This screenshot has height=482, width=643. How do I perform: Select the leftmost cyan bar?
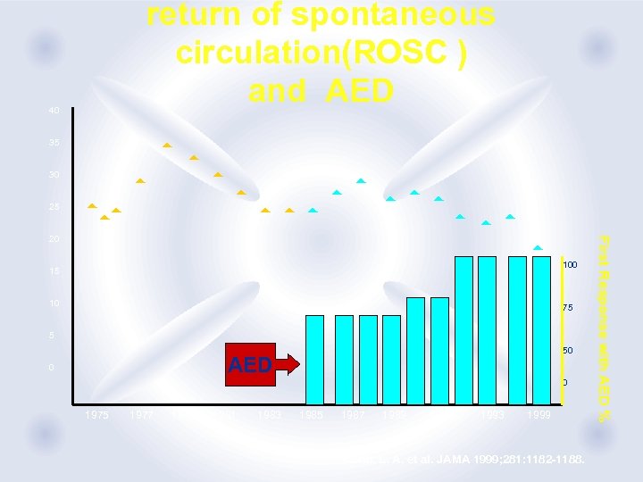(x=314, y=360)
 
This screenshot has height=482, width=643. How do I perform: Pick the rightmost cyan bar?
(x=541, y=330)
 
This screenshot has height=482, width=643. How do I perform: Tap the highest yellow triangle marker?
(x=167, y=145)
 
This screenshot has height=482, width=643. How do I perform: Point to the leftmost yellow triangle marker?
(x=91, y=206)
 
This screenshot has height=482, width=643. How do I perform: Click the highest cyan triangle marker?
(x=361, y=181)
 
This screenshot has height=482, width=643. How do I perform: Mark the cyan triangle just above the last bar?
(x=538, y=247)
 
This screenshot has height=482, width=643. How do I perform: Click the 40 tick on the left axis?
(x=55, y=111)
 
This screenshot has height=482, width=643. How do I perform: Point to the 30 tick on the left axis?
(x=55, y=175)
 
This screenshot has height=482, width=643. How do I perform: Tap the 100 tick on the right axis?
(x=569, y=265)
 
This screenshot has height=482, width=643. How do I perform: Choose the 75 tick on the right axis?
(x=566, y=308)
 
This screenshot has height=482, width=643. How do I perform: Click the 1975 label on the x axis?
(x=97, y=415)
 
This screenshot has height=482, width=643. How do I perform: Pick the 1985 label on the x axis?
(x=312, y=415)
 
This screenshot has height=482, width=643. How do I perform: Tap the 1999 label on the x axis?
(x=539, y=415)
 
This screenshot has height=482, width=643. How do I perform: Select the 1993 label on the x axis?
(x=492, y=415)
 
